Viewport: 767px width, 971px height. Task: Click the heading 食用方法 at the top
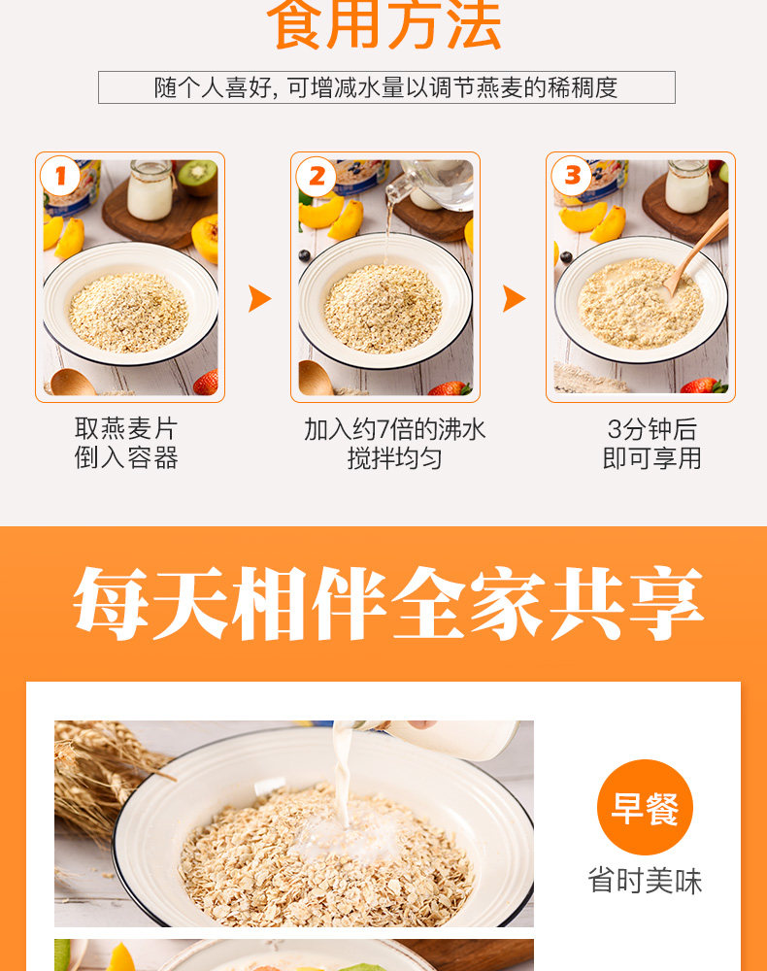384,26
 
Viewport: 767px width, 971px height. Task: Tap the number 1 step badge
60,178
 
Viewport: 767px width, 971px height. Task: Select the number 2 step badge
317,178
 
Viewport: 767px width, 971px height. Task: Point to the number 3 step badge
572,178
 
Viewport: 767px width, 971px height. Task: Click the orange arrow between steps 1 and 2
259,298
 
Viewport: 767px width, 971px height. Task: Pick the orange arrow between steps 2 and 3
514,298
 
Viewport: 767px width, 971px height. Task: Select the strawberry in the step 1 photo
206,383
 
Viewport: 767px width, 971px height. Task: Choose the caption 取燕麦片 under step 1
126,429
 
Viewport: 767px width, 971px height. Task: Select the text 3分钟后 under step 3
651,429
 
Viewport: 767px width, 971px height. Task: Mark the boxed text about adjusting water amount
386,87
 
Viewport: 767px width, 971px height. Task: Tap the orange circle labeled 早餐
645,807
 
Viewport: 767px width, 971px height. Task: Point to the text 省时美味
645,881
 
